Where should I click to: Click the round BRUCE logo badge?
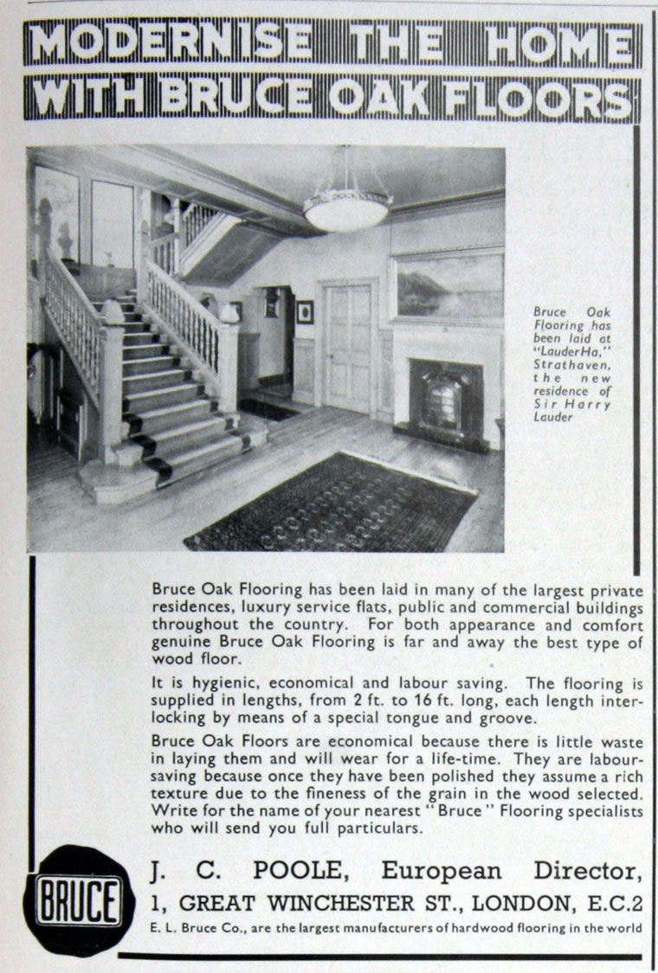[x=79, y=900]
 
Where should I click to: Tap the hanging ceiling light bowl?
[x=347, y=211]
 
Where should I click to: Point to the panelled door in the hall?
[x=347, y=346]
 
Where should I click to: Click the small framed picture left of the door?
[x=305, y=312]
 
